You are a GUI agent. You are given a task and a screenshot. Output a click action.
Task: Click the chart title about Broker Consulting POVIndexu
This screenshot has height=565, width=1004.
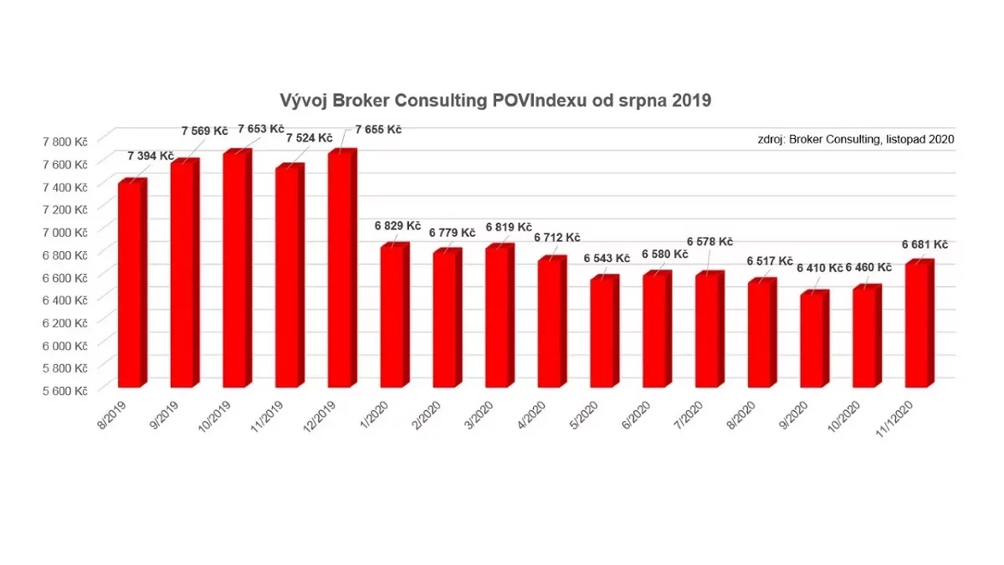pos(495,101)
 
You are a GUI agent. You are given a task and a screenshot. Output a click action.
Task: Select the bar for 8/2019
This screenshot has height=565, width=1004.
pos(131,285)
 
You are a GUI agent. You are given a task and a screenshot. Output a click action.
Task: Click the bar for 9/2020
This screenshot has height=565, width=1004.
pos(812,340)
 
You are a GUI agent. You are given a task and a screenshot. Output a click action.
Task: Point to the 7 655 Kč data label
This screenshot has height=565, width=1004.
pos(378,130)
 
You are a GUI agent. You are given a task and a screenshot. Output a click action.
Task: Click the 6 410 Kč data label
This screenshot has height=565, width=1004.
pos(818,269)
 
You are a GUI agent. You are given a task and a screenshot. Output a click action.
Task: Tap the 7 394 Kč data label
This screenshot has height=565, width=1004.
pos(151,156)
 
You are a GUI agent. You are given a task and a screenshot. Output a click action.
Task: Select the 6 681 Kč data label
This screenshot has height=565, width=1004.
pos(925,244)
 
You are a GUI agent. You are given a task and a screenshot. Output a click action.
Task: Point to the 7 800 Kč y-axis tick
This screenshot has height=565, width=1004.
pos(68,141)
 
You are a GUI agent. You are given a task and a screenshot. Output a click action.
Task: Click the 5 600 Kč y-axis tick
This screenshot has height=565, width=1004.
pos(68,390)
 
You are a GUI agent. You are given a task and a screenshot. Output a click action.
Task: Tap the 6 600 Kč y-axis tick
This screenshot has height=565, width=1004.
pos(68,277)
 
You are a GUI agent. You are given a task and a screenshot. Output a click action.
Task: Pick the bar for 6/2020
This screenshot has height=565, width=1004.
pos(655,331)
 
